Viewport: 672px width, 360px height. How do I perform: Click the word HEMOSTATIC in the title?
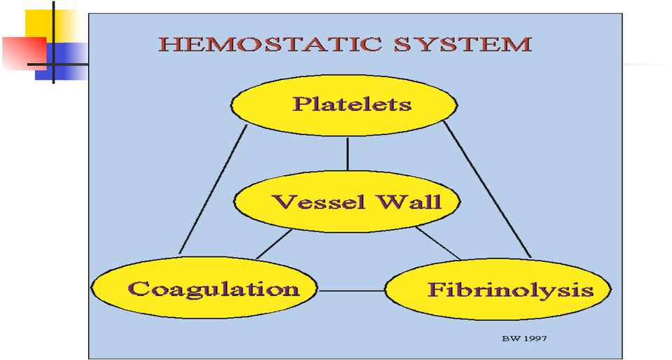[x=269, y=45]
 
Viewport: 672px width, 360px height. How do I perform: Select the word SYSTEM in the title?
[x=463, y=45]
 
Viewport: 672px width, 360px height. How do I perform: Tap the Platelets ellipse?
[x=344, y=105]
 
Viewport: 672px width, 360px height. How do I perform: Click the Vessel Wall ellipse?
[x=347, y=202]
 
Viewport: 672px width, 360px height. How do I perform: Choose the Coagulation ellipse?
[x=204, y=288]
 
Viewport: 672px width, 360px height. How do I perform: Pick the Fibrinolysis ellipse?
[x=498, y=289]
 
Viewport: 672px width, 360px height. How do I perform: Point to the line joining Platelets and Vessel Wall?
[x=347, y=154]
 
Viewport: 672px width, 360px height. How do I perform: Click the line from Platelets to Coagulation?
[x=213, y=189]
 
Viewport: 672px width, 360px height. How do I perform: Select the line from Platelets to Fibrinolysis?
[x=487, y=189]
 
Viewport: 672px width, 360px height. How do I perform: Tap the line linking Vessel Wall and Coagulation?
[x=274, y=244]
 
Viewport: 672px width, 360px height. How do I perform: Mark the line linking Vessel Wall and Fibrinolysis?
[x=437, y=243]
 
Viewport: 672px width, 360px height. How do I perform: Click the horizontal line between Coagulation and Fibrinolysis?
[x=351, y=291]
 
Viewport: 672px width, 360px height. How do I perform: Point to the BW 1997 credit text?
[x=524, y=338]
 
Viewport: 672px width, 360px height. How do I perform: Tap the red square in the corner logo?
[x=24, y=53]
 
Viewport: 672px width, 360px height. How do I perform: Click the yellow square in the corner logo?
[x=52, y=27]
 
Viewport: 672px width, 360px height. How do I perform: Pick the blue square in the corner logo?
[x=62, y=62]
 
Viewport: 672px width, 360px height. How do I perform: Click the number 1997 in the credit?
[x=535, y=338]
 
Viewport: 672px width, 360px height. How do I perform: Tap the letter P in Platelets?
[x=300, y=104]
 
